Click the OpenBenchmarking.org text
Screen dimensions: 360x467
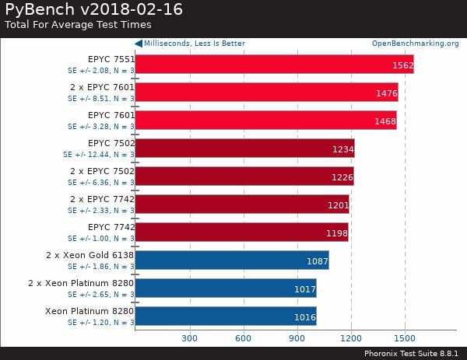point(415,44)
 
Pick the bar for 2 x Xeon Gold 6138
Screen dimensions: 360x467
point(231,260)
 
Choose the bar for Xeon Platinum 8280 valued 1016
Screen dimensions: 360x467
point(225,316)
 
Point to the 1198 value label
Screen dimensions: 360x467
point(336,232)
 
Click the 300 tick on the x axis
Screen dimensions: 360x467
point(189,338)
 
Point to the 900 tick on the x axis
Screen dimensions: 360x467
point(297,338)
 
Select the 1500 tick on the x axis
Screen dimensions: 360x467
point(404,338)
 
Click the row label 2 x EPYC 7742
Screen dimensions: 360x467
point(102,199)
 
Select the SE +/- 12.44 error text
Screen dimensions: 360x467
point(98,155)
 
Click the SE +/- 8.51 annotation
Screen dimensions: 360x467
point(100,99)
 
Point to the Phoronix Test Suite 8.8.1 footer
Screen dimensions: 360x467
point(413,353)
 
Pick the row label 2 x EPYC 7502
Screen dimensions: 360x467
point(102,171)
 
